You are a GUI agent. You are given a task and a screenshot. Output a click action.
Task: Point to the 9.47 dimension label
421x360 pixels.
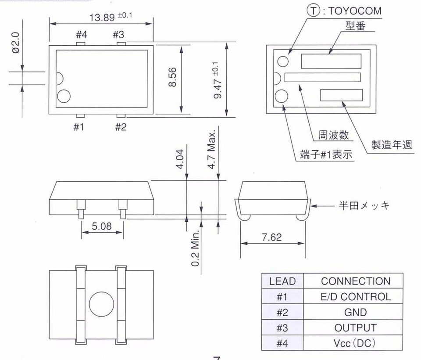[218, 81]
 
